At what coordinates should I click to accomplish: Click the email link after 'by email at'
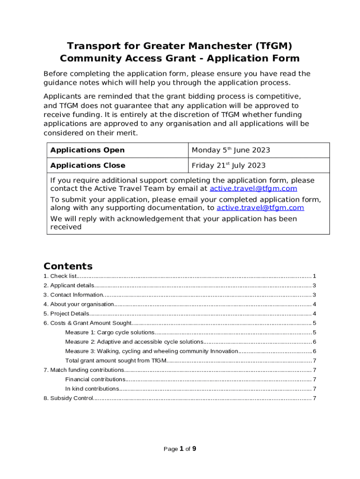(x=253, y=189)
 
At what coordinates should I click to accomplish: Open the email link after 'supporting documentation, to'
(x=260, y=208)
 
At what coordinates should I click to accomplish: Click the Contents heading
(x=68, y=266)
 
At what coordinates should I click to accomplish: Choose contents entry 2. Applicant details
(x=69, y=285)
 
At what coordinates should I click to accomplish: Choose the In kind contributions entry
(x=92, y=389)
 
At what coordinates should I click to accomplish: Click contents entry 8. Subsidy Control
(x=68, y=398)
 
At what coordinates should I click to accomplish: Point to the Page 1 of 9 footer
(x=180, y=449)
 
